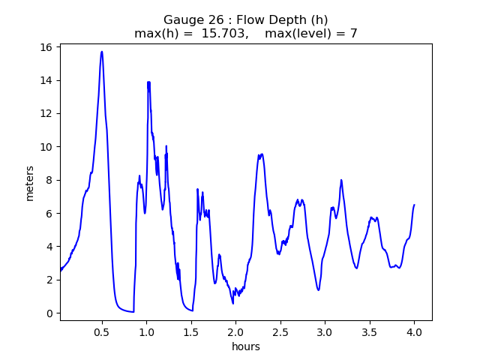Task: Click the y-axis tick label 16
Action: pos(46,47)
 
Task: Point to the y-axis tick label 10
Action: pos(46,147)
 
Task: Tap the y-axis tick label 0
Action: pos(49,313)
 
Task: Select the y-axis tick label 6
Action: pos(49,213)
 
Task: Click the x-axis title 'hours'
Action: pos(245,346)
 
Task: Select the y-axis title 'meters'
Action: pos(30,183)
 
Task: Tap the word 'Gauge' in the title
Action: pos(183,20)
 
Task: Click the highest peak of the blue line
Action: pos(102,52)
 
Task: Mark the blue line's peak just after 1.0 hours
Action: pos(148,82)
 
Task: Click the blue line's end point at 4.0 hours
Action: pos(414,205)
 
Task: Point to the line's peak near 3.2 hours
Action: pos(341,180)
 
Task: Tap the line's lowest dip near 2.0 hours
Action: pos(232,303)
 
